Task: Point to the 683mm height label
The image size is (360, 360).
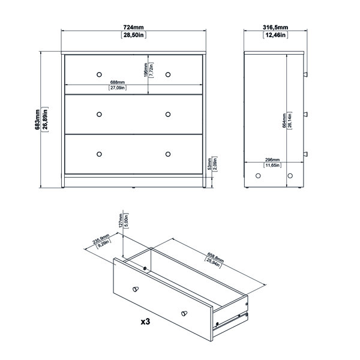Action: click(37, 118)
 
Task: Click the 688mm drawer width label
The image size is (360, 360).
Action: click(117, 82)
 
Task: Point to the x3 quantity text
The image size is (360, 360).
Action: click(145, 322)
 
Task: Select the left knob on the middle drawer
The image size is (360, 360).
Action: click(98, 113)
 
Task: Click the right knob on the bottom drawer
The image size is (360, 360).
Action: click(168, 154)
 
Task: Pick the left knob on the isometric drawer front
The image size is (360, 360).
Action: click(135, 289)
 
